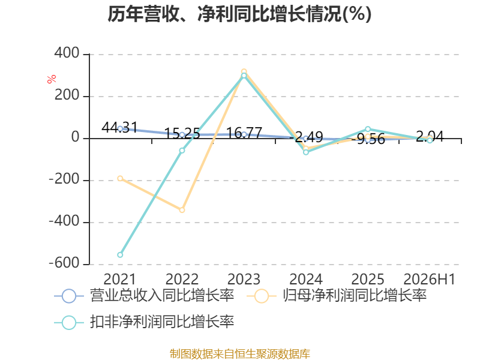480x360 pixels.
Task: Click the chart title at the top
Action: coord(239,14)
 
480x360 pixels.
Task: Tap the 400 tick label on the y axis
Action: coord(67,53)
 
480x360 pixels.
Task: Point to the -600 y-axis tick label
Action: coord(64,263)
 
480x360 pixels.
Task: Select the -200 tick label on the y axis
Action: coord(64,179)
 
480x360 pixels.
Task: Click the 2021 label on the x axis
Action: coord(119,279)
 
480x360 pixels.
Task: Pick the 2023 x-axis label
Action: coord(244,279)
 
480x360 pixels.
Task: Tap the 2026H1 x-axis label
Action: coord(429,279)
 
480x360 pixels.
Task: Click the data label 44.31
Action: coord(119,127)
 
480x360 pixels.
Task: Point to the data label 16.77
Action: coord(244,133)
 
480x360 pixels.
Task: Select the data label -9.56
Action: coord(368,139)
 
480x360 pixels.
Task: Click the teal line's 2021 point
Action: coord(120,254)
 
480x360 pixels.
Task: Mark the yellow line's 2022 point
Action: coord(182,210)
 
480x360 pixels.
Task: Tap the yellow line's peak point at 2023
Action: coord(244,71)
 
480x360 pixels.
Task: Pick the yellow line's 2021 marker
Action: coord(120,178)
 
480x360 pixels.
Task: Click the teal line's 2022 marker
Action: coord(182,151)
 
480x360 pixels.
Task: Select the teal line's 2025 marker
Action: coord(368,129)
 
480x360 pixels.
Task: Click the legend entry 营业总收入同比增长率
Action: coord(144,296)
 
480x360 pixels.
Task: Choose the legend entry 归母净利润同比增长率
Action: coord(337,296)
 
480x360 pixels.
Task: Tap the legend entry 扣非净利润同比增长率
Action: coord(144,322)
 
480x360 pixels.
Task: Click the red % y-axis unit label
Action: coord(52,79)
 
